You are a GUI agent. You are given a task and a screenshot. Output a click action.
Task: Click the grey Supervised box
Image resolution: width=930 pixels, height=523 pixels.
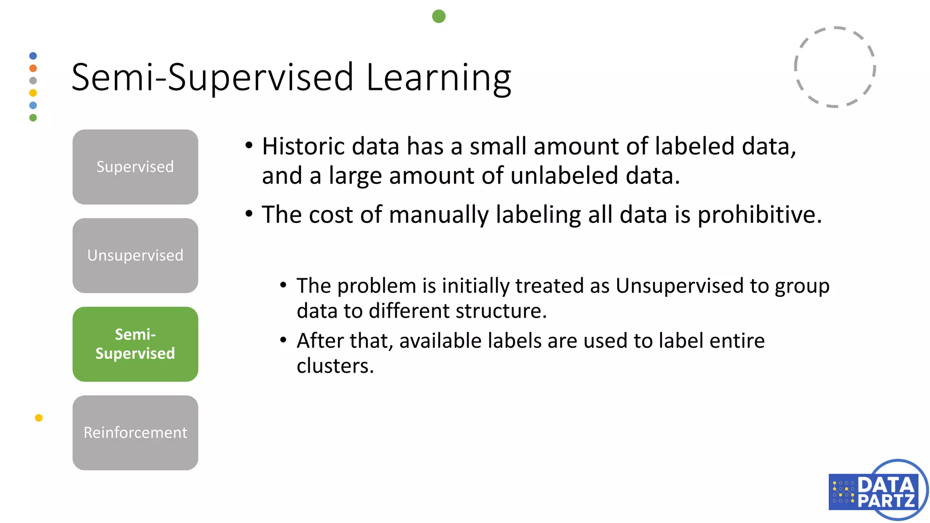click(135, 167)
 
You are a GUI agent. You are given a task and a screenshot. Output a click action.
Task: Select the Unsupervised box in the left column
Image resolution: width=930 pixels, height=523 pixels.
click(135, 255)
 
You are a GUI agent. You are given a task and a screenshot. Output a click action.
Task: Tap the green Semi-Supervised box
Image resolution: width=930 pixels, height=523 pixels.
click(135, 344)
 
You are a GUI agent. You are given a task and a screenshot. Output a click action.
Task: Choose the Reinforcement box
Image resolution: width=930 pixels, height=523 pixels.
click(135, 432)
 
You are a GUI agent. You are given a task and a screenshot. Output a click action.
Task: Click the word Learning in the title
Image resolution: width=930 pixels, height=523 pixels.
click(439, 78)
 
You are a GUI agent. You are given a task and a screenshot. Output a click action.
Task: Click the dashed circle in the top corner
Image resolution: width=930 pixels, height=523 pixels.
click(835, 67)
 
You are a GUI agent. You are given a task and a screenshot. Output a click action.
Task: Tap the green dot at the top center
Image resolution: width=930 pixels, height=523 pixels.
click(439, 16)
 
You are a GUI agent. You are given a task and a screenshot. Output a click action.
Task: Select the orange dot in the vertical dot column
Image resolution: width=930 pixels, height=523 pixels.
click(33, 68)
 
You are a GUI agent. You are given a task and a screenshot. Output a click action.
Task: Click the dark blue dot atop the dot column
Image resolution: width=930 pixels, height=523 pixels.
click(33, 56)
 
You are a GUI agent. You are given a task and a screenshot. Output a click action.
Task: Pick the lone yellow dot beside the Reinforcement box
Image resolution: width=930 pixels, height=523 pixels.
click(39, 418)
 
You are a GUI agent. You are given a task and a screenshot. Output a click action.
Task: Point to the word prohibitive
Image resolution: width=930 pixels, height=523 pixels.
click(759, 215)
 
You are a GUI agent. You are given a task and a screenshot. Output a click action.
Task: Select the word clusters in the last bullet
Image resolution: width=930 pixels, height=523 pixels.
click(335, 366)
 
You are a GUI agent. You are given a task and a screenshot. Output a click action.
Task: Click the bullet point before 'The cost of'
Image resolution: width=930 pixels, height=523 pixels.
click(249, 213)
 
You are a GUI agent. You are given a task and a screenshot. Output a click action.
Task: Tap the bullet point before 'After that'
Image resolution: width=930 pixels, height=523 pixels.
click(283, 340)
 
